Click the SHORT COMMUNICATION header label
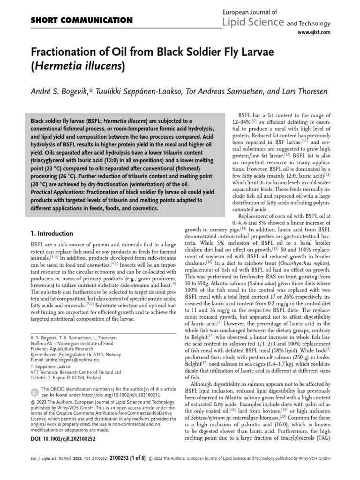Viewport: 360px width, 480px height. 82,20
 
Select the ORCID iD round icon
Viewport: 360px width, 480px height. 35,392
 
